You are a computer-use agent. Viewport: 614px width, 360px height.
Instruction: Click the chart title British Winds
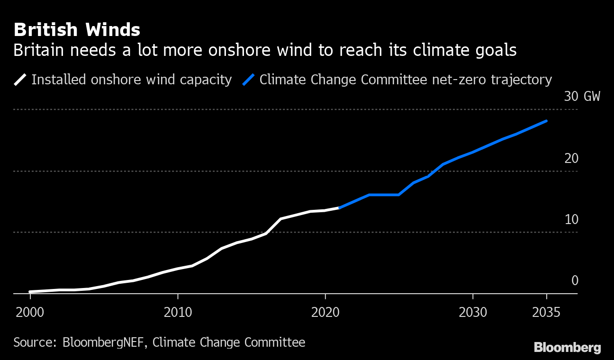77,30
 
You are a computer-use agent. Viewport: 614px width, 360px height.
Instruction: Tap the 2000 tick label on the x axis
30,313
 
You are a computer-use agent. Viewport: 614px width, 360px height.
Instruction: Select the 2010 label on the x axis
178,313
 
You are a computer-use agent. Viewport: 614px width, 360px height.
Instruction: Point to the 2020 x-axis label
325,313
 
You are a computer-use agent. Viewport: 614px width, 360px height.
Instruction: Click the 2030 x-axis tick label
473,313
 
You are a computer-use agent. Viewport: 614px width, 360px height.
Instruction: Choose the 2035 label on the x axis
546,313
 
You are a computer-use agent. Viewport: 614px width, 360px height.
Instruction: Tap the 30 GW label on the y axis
582,97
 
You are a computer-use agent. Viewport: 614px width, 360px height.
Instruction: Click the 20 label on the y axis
571,158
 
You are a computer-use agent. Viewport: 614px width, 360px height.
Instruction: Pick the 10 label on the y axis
571,219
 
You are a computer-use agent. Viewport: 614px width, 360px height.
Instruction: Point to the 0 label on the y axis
575,280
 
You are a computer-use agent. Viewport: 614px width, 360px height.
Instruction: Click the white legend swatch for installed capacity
21,80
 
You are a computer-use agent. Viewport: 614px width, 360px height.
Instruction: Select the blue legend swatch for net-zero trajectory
249,80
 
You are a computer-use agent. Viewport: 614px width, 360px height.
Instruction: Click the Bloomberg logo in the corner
567,347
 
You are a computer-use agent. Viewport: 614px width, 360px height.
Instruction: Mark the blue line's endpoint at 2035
546,121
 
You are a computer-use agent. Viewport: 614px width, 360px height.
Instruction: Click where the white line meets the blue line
340,207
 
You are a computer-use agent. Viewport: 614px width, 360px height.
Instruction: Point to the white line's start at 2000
30,292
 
